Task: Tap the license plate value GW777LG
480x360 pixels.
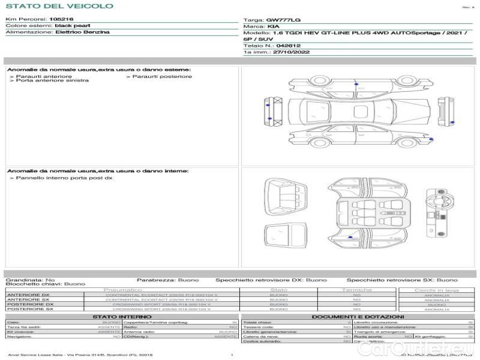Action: [x=280, y=20]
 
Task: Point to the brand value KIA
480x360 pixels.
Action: [x=273, y=27]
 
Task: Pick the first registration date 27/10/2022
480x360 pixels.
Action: [x=290, y=53]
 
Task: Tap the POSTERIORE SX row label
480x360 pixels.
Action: [x=28, y=309]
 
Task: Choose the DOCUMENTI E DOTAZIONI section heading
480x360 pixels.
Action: [x=358, y=317]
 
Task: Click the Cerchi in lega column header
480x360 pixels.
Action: [x=436, y=290]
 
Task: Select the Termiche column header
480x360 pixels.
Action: [x=357, y=290]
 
